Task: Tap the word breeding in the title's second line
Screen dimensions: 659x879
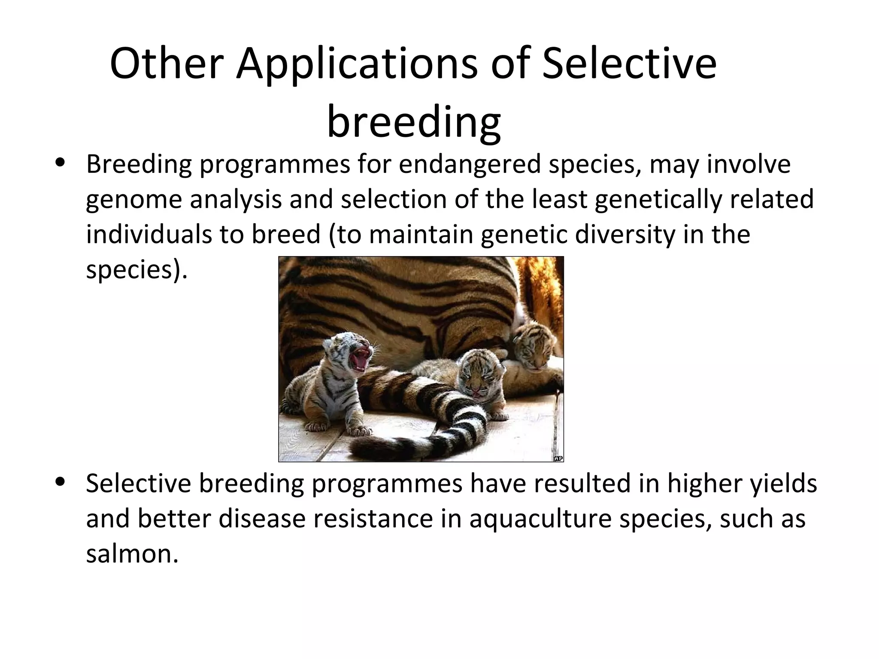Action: click(x=414, y=122)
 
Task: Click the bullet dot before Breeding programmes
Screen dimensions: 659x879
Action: click(x=60, y=163)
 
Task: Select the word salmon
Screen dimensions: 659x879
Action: click(x=132, y=553)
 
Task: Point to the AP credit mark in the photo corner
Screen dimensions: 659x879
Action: click(x=558, y=458)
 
